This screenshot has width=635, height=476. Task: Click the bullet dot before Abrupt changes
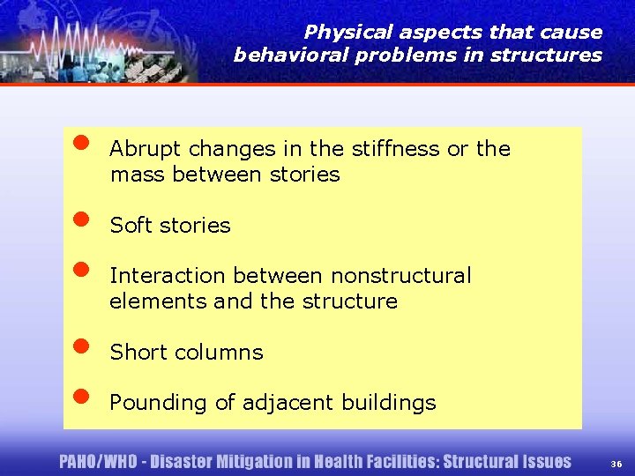80,141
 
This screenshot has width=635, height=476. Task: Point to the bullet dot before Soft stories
80,218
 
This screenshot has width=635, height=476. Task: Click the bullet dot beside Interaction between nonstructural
80,268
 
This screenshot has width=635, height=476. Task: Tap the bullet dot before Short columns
80,345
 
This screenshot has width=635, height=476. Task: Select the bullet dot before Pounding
80,395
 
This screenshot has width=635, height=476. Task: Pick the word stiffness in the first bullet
397,149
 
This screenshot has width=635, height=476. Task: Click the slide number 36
615,464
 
